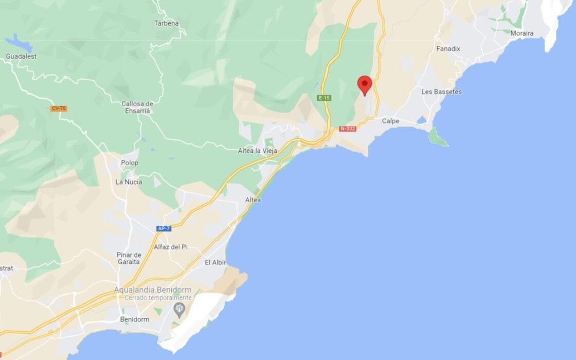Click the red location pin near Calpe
point(365,84)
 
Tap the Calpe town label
point(390,121)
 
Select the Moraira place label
point(521,33)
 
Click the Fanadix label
point(448,49)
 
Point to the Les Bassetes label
point(441,92)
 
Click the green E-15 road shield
point(325,98)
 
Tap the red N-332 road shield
point(348,129)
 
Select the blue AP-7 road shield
point(164,228)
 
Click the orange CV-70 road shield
point(59,109)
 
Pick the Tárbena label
point(166,23)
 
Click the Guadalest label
point(21,57)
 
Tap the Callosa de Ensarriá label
point(137,107)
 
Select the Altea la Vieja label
point(258,151)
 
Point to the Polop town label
point(129,163)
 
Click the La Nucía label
point(129,182)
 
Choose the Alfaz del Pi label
point(171,247)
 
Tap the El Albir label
point(215,262)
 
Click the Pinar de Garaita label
point(129,258)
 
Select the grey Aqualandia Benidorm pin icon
point(179,309)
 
